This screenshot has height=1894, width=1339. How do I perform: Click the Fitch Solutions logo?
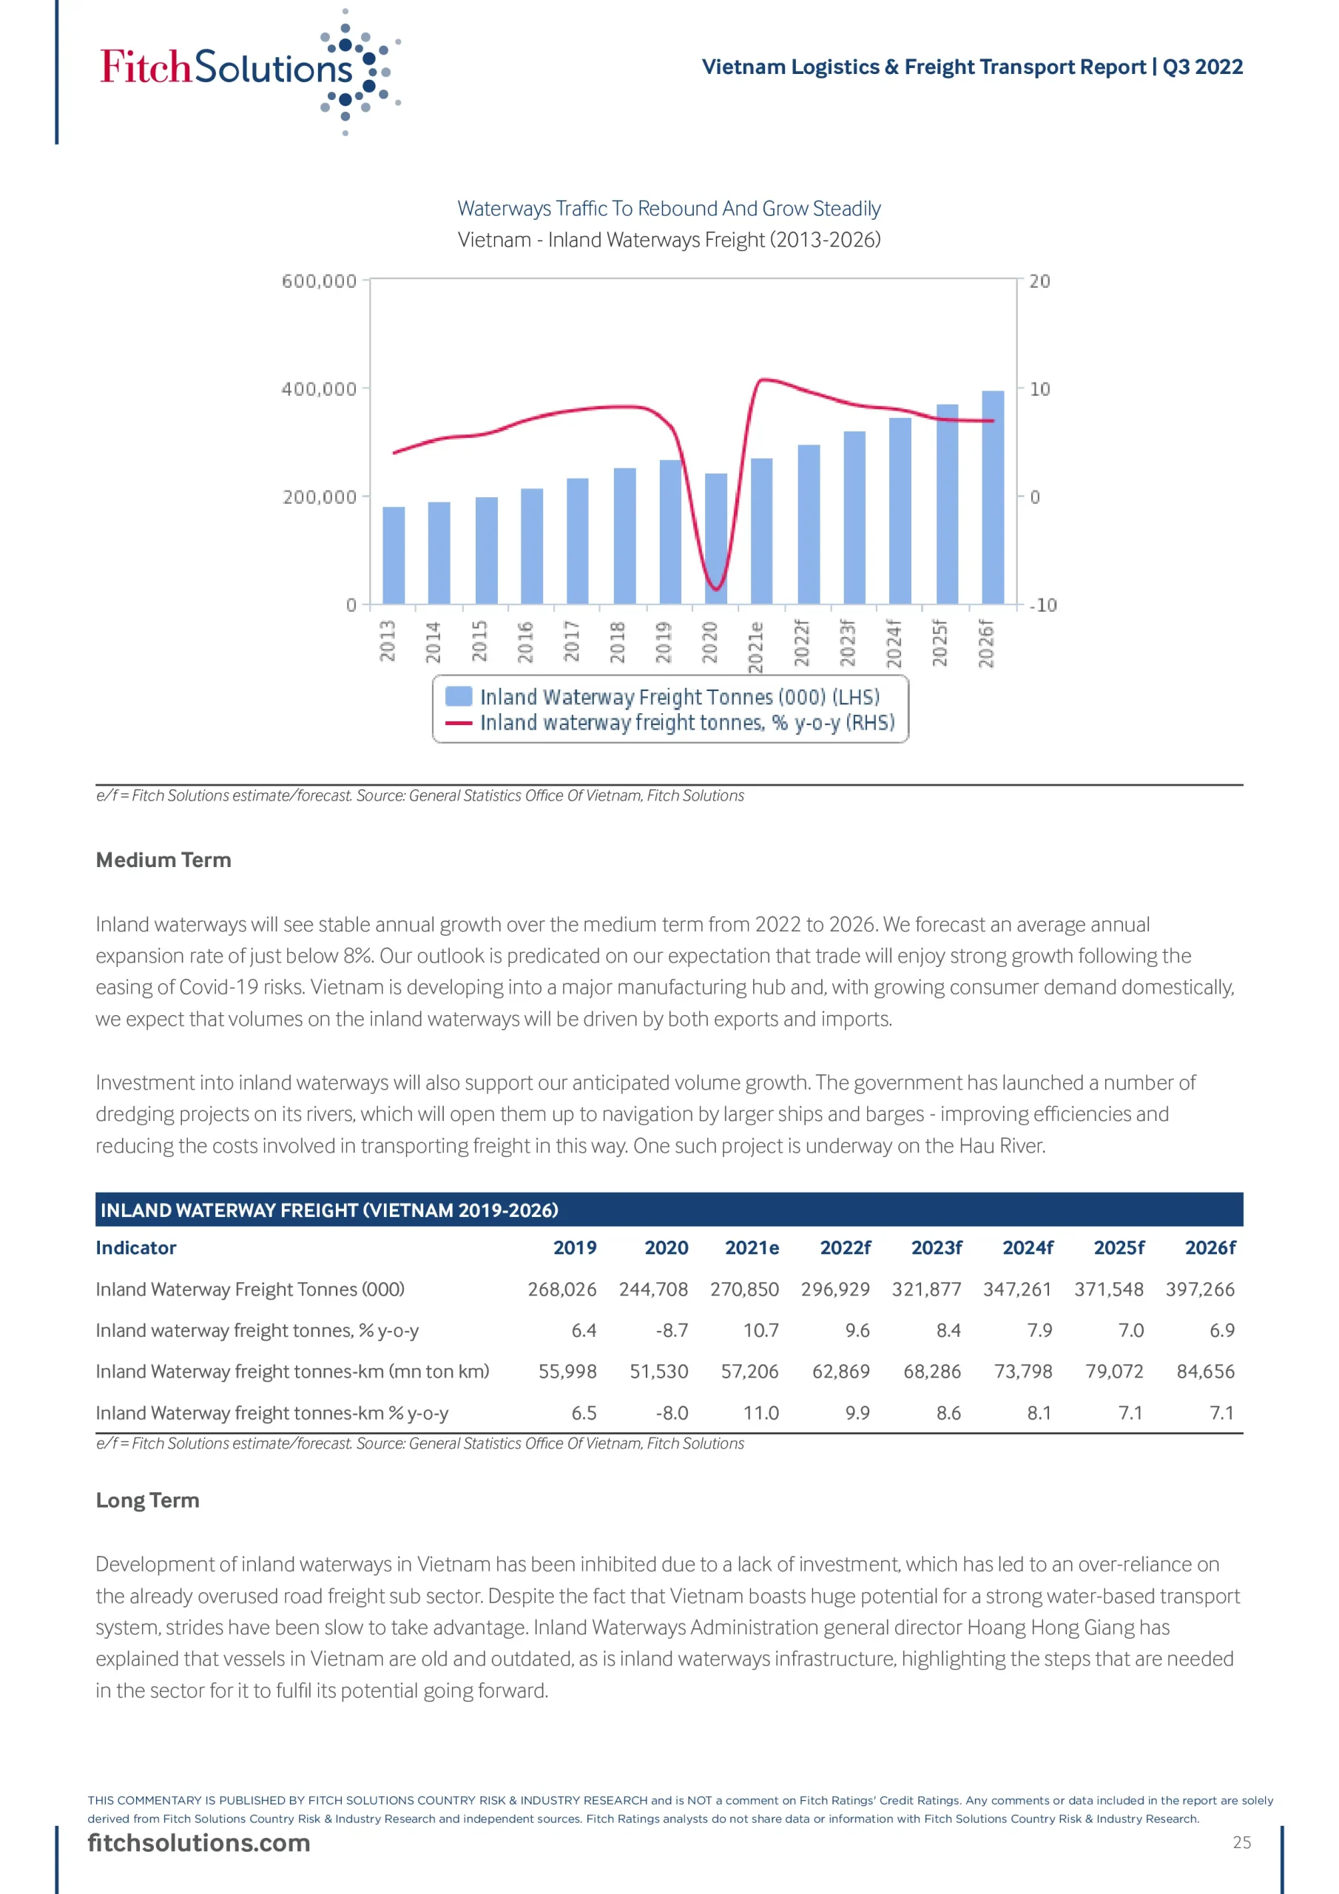[x=248, y=70]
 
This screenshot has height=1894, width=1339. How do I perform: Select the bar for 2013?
[x=394, y=555]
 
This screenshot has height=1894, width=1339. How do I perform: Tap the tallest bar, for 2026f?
[x=993, y=497]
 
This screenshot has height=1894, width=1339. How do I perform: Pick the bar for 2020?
[x=716, y=539]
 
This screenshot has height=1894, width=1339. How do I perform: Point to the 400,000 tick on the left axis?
[x=320, y=388]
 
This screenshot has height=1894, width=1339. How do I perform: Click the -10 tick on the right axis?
[x=1043, y=604]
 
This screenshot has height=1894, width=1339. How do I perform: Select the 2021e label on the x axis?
[x=755, y=647]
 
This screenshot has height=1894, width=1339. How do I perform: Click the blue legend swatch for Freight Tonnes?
[x=459, y=696]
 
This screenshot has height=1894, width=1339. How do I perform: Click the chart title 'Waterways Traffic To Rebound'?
[x=669, y=209]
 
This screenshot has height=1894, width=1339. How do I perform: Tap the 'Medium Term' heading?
[x=163, y=860]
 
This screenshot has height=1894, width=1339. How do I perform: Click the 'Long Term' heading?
[x=148, y=1500]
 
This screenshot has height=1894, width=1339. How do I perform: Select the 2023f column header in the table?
[x=937, y=1247]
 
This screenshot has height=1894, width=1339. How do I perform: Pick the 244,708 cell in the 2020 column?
[x=653, y=1289]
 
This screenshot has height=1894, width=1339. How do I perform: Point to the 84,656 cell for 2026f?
[x=1205, y=1371]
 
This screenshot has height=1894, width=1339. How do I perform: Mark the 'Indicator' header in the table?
[x=136, y=1247]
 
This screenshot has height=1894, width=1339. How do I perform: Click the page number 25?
[x=1241, y=1842]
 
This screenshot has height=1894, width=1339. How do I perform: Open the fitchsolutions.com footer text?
[x=199, y=1843]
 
